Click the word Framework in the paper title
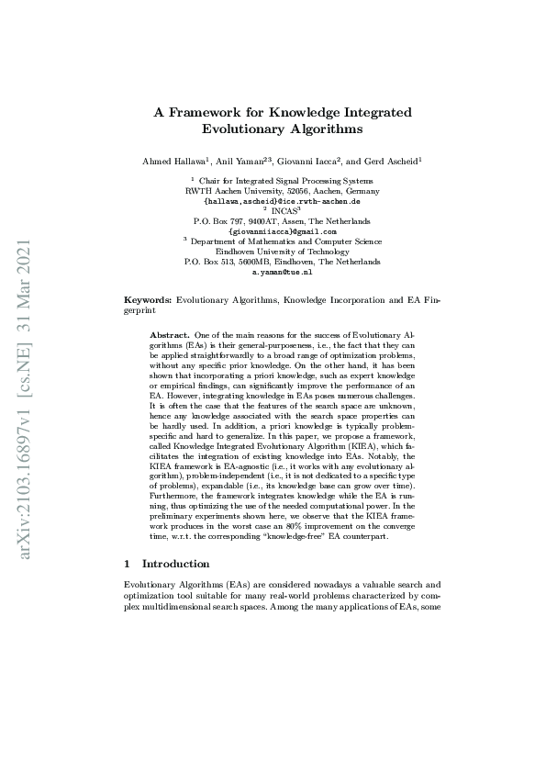coord(206,112)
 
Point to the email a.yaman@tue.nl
coord(282,272)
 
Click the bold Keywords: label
coord(148,300)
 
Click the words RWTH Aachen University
coord(225,191)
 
